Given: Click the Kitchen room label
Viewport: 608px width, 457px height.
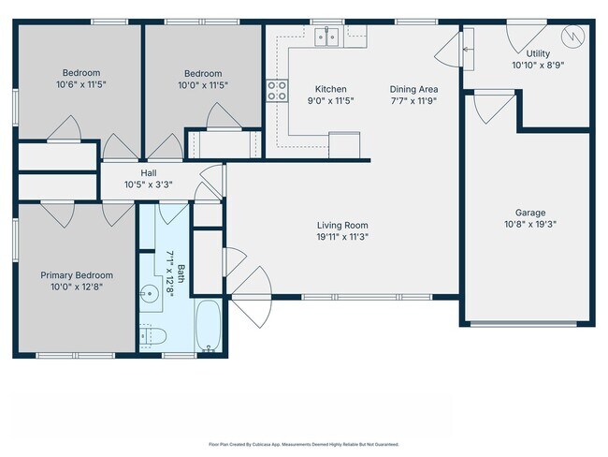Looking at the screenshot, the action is click(330, 89).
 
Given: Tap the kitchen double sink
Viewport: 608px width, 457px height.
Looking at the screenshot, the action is click(326, 37).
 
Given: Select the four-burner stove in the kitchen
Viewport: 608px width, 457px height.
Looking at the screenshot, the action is click(277, 91).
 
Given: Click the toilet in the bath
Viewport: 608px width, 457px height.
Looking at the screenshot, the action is click(152, 336).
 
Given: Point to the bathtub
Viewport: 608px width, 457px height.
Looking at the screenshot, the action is click(209, 326).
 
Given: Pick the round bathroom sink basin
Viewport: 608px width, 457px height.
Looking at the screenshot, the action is click(149, 293).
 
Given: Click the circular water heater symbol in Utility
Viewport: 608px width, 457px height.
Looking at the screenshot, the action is click(572, 37).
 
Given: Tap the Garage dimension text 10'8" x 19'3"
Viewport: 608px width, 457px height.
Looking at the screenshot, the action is click(530, 225).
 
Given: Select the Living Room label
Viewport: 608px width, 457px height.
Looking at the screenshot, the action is click(342, 225).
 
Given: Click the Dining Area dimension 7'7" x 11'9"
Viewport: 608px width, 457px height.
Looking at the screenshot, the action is click(413, 101).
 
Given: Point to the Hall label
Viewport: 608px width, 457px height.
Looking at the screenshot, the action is click(149, 173).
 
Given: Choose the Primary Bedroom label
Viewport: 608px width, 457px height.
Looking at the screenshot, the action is click(77, 275).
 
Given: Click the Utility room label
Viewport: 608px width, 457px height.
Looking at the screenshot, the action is click(538, 53).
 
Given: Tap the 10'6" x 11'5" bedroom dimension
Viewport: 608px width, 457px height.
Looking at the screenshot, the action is click(81, 84).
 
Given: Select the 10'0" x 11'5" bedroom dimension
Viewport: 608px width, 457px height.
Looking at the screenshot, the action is click(203, 85).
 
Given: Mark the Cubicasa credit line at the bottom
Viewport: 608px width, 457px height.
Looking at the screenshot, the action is click(304, 444).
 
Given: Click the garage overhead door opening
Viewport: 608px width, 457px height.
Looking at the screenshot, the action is click(524, 323).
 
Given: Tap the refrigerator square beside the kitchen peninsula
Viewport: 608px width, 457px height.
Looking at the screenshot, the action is click(344, 145).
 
